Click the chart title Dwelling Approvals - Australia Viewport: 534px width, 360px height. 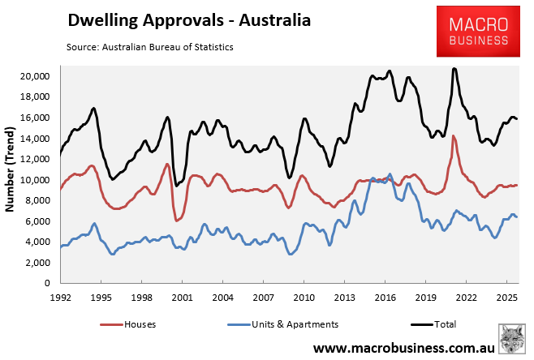pos(188,19)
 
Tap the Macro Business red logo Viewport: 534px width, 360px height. pos(473,32)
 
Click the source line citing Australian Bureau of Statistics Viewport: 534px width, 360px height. pos(150,47)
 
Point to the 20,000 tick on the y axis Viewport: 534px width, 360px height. pos(36,76)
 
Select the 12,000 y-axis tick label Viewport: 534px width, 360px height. pos(36,159)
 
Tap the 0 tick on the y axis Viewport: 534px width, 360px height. pos(48,284)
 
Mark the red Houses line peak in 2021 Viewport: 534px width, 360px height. pos(454,135)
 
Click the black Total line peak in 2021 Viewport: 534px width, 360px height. pos(454,68)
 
